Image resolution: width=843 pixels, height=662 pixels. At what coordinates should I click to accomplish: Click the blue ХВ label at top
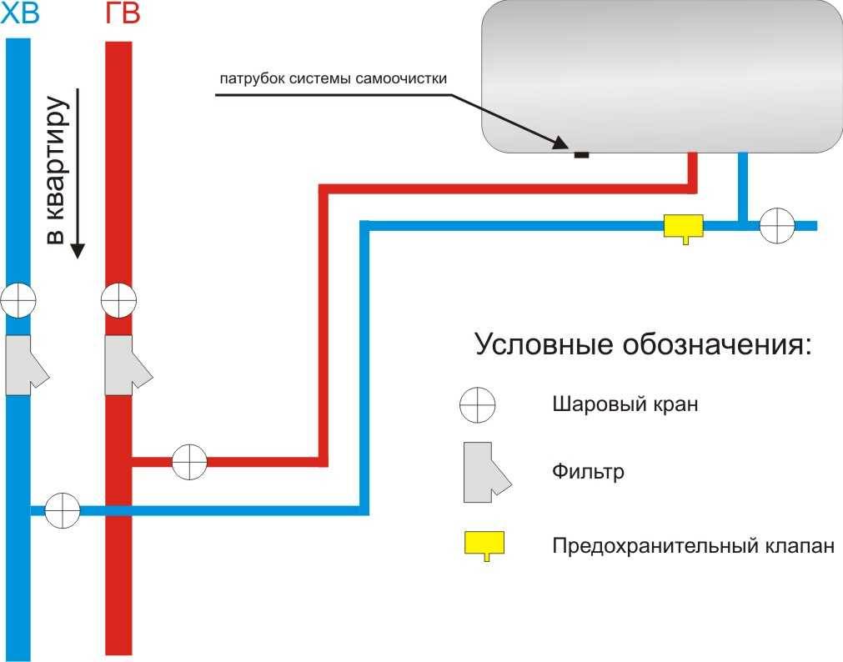coord(20,13)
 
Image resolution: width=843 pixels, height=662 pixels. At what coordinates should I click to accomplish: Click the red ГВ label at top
coord(123,13)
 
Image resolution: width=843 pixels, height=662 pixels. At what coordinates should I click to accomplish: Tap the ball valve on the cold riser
coord(18,300)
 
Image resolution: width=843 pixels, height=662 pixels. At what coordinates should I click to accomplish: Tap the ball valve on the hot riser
coord(118,300)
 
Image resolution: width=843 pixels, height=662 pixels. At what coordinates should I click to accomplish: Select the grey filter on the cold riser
coord(27,365)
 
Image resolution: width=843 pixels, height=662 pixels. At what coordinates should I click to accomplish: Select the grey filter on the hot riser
coord(128,365)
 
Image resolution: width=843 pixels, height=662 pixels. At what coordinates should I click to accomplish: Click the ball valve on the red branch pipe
coord(189,462)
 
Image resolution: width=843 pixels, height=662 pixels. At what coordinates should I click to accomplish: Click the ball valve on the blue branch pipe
coord(63,509)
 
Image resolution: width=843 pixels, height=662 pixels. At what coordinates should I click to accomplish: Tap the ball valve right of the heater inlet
coord(777,226)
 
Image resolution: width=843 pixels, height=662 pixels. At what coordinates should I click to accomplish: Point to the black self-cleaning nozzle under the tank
coord(582,155)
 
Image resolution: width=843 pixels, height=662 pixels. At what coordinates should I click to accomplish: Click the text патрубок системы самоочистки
coord(334,79)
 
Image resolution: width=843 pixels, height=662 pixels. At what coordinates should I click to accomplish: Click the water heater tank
coord(662,77)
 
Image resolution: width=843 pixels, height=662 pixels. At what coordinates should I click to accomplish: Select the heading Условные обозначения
coord(643,344)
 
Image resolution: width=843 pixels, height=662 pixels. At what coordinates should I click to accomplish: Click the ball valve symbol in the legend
coord(478,404)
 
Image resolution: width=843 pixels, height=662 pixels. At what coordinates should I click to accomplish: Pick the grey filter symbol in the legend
coord(488,472)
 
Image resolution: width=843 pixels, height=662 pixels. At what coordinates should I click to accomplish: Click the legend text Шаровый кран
coord(625,404)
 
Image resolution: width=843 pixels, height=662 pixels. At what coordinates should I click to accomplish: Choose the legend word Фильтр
coord(588,472)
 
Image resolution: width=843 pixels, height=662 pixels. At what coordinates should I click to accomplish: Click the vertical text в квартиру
coord(55,170)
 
